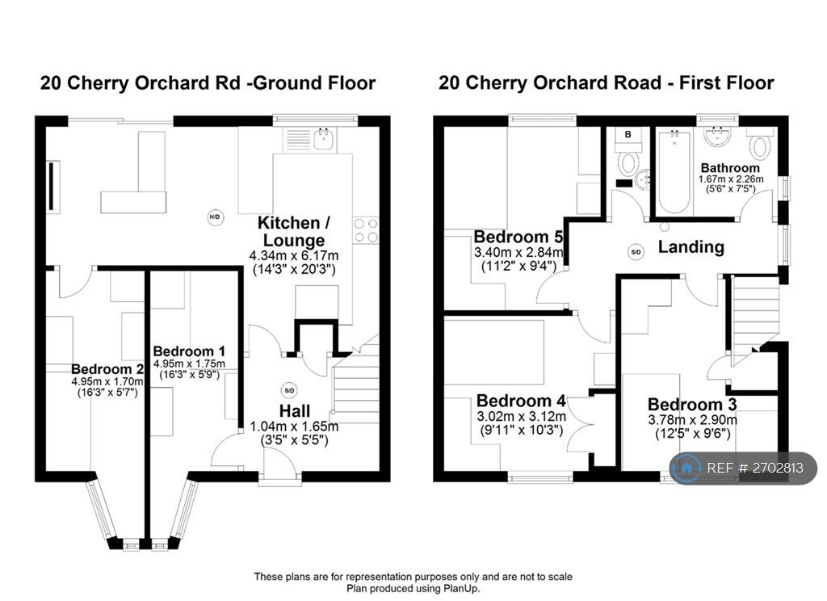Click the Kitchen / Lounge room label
click(x=292, y=231)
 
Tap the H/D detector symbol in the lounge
click(x=215, y=217)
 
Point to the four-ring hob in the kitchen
click(x=366, y=230)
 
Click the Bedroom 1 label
click(x=189, y=351)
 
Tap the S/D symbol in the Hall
click(x=289, y=389)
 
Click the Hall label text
click(x=294, y=411)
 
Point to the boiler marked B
click(x=627, y=136)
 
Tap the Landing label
click(x=691, y=247)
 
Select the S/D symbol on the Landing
click(x=636, y=252)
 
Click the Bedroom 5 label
click(x=517, y=237)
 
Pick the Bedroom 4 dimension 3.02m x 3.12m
click(x=520, y=417)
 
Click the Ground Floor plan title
click(x=208, y=82)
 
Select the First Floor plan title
click(x=606, y=82)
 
